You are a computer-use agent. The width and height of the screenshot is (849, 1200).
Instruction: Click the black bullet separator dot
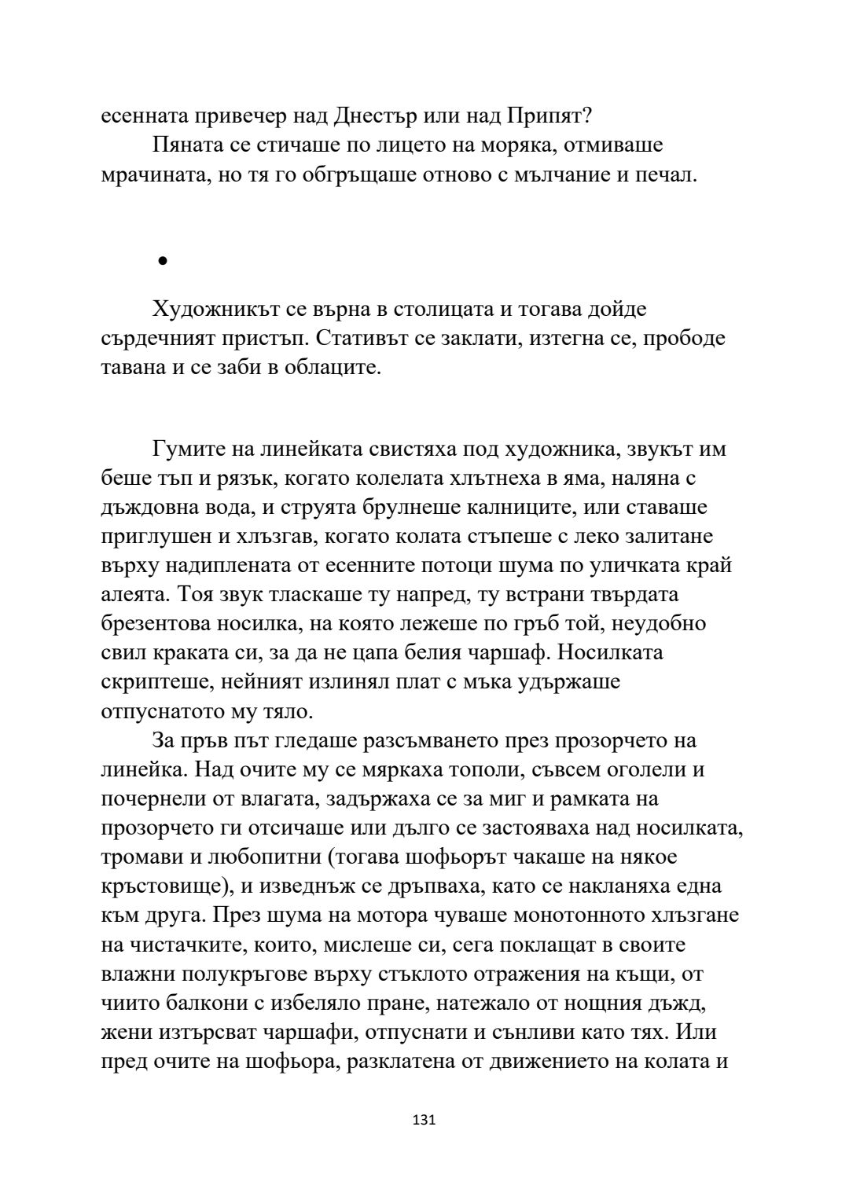(163, 262)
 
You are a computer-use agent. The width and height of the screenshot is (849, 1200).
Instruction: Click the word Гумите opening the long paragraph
(189, 450)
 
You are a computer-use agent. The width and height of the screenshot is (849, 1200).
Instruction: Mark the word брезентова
(162, 624)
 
